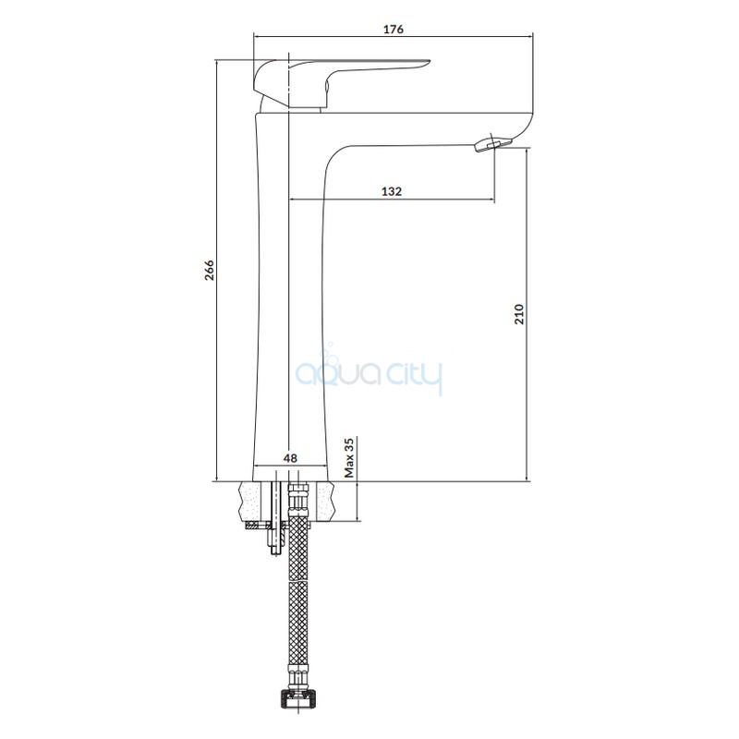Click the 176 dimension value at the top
(394, 30)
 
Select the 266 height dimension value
(209, 270)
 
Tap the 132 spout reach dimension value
(392, 191)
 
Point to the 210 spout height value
(519, 314)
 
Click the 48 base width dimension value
(290, 457)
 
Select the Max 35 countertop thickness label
(349, 457)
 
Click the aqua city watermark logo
(369, 376)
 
